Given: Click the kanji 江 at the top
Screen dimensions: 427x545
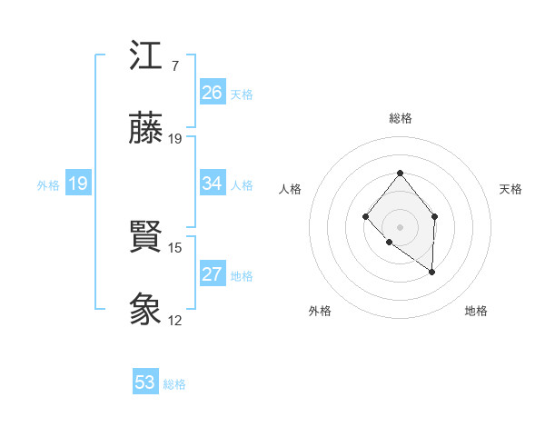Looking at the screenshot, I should point(145,57).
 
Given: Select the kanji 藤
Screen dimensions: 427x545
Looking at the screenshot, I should point(145,129).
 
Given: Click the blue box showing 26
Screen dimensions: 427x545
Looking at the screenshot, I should point(213,93).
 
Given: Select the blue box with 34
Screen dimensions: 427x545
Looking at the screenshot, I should point(213,184).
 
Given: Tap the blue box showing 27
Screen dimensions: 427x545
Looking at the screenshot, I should point(213,274).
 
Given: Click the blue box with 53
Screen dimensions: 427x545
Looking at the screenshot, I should point(145,382).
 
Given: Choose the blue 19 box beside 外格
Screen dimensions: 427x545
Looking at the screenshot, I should point(78,184).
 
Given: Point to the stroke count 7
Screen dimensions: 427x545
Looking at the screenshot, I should point(174,66).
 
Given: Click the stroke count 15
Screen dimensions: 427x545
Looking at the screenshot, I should point(175,247).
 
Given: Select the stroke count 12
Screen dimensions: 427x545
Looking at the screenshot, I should point(175,320).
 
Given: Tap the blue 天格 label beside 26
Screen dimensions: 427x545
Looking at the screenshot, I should point(242,94).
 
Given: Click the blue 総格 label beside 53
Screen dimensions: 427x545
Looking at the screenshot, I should point(174,383).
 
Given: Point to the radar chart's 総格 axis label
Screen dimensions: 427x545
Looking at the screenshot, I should point(400,118).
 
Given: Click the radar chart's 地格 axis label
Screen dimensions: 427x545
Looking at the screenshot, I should point(476,311).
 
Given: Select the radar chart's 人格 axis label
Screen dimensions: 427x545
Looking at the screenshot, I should point(291,189).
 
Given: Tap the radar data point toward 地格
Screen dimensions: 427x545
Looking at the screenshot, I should point(432,272).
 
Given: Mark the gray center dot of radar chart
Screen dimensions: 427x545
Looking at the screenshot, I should point(400,226).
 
